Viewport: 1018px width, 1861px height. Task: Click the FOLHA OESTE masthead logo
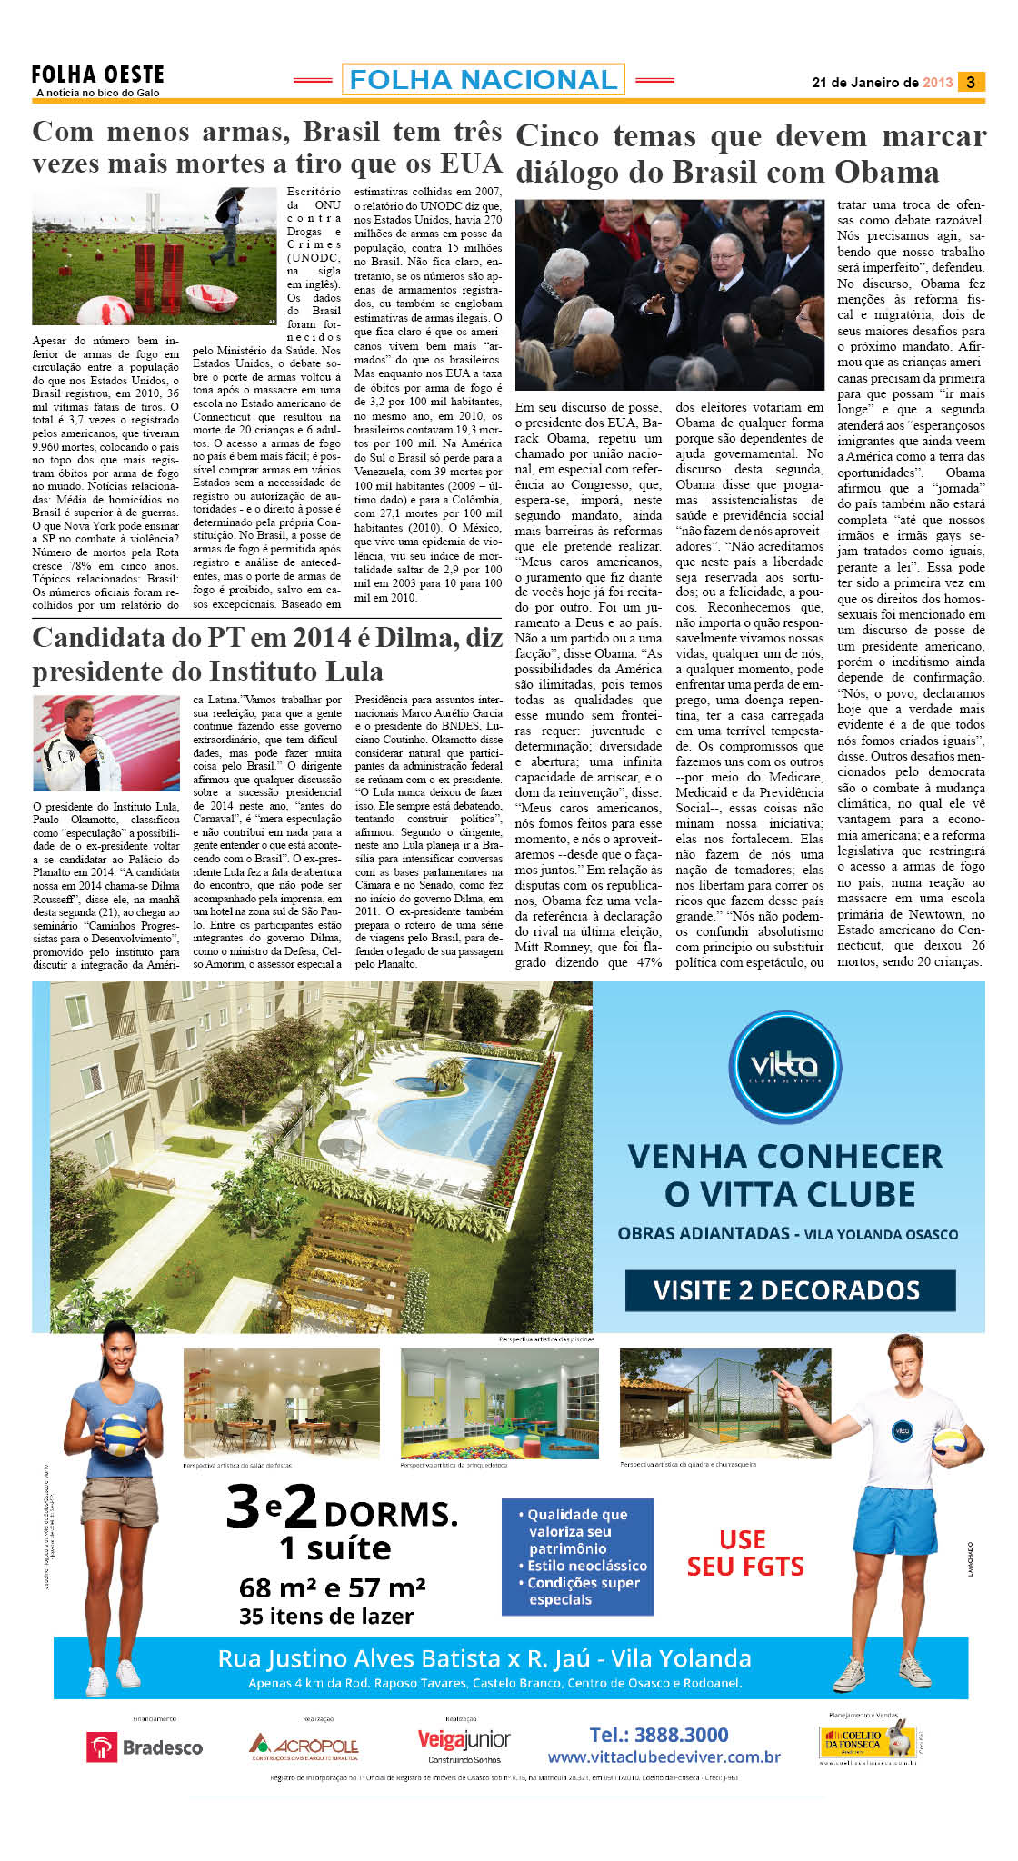[x=98, y=79]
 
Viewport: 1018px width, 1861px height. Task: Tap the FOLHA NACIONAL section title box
[x=483, y=80]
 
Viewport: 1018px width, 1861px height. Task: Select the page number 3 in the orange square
[x=971, y=82]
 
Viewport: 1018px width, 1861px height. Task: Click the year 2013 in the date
[x=937, y=83]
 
